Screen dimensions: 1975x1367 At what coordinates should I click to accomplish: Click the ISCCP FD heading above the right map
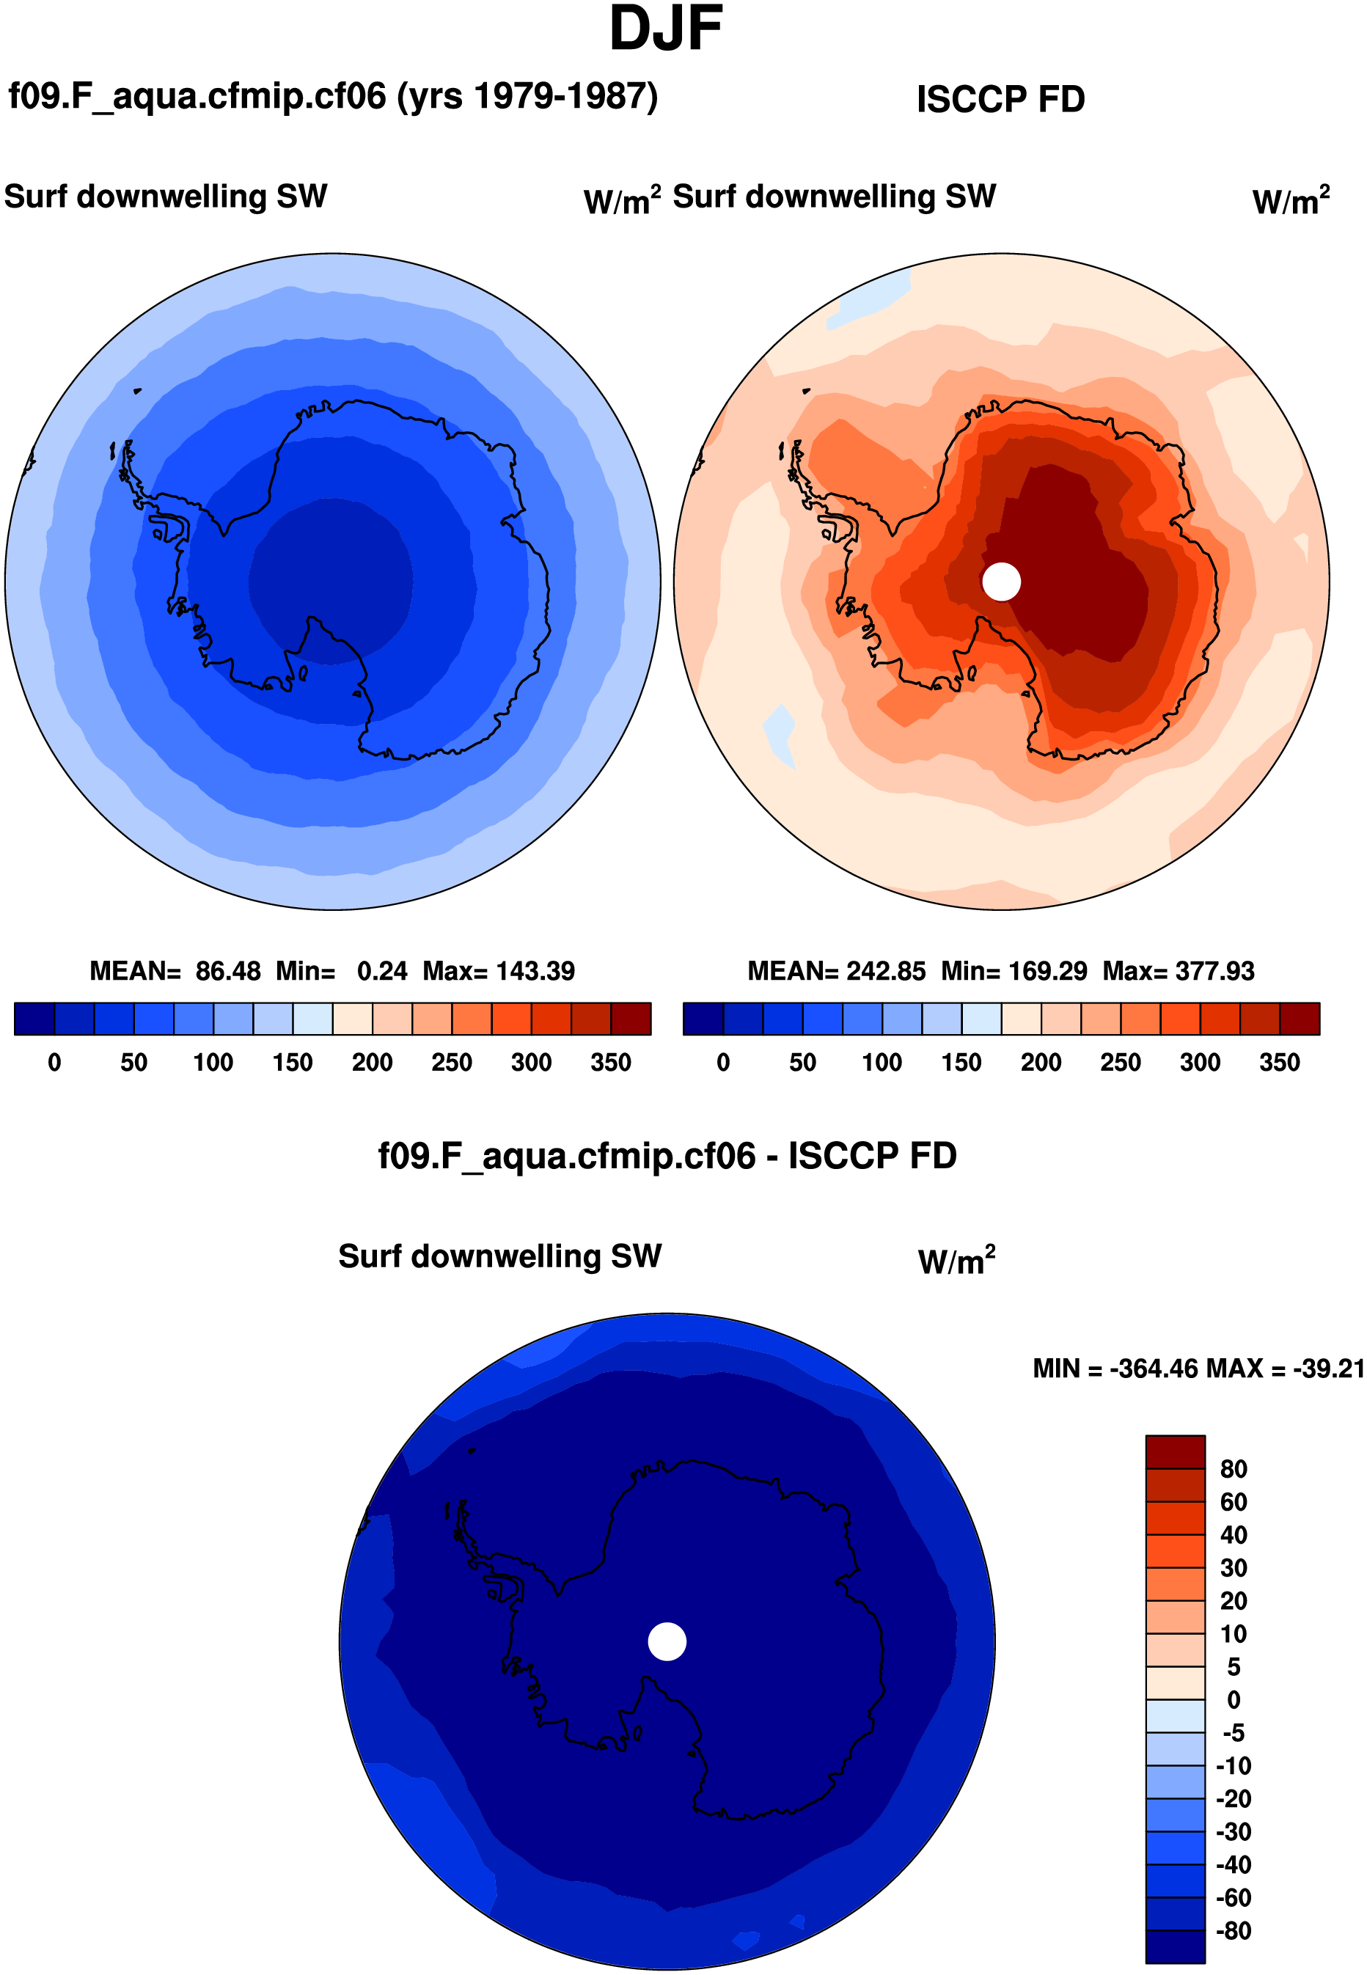tap(1000, 99)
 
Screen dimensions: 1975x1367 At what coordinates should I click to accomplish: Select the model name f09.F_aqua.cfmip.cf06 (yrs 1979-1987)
tap(332, 96)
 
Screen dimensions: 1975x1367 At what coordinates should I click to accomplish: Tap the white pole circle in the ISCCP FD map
tap(1000, 582)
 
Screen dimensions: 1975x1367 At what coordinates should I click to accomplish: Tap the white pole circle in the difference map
tap(667, 1641)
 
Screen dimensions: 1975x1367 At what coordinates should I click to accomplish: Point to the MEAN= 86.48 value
tap(175, 970)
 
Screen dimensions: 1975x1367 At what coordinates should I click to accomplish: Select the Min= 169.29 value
tap(1014, 970)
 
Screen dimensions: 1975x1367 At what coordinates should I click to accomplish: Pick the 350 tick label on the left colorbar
tap(610, 1062)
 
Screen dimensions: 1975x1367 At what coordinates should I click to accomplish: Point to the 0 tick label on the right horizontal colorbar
tap(723, 1062)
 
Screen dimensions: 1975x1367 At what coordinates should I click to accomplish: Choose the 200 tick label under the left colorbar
tap(372, 1062)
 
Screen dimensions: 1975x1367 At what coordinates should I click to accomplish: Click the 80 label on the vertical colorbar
tap(1233, 1469)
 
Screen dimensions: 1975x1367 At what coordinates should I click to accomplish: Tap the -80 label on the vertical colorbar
tap(1233, 1930)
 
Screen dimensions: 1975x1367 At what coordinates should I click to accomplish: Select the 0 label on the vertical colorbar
tap(1233, 1699)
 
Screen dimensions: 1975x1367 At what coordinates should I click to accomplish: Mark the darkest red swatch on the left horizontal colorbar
tap(631, 1019)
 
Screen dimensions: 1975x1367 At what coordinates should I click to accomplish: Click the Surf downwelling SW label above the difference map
tap(499, 1256)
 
